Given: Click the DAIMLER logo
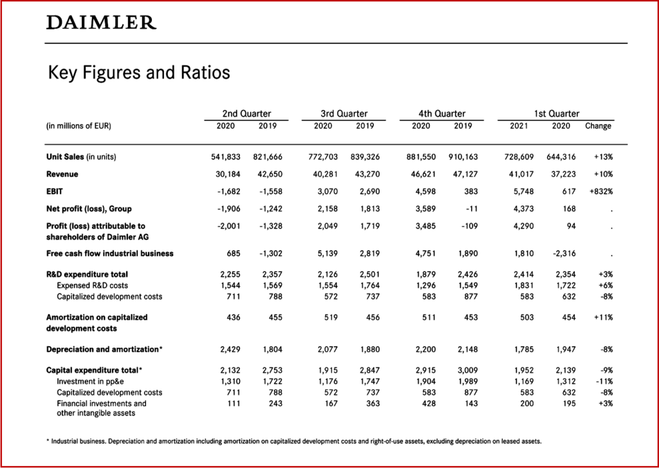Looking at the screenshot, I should (x=101, y=23).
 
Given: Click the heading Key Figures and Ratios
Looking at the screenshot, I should (x=139, y=73).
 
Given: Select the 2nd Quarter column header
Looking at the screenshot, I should (x=246, y=113).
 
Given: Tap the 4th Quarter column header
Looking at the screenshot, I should (x=441, y=113).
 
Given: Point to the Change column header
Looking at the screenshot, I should (x=598, y=126).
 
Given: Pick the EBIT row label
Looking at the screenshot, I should (x=54, y=191).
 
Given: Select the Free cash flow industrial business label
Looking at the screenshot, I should (x=110, y=254).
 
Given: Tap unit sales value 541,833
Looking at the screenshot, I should (x=225, y=156).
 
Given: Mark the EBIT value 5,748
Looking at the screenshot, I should (x=518, y=191).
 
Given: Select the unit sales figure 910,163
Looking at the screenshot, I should (x=459, y=156).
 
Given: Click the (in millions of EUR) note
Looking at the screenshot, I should (x=79, y=126).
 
